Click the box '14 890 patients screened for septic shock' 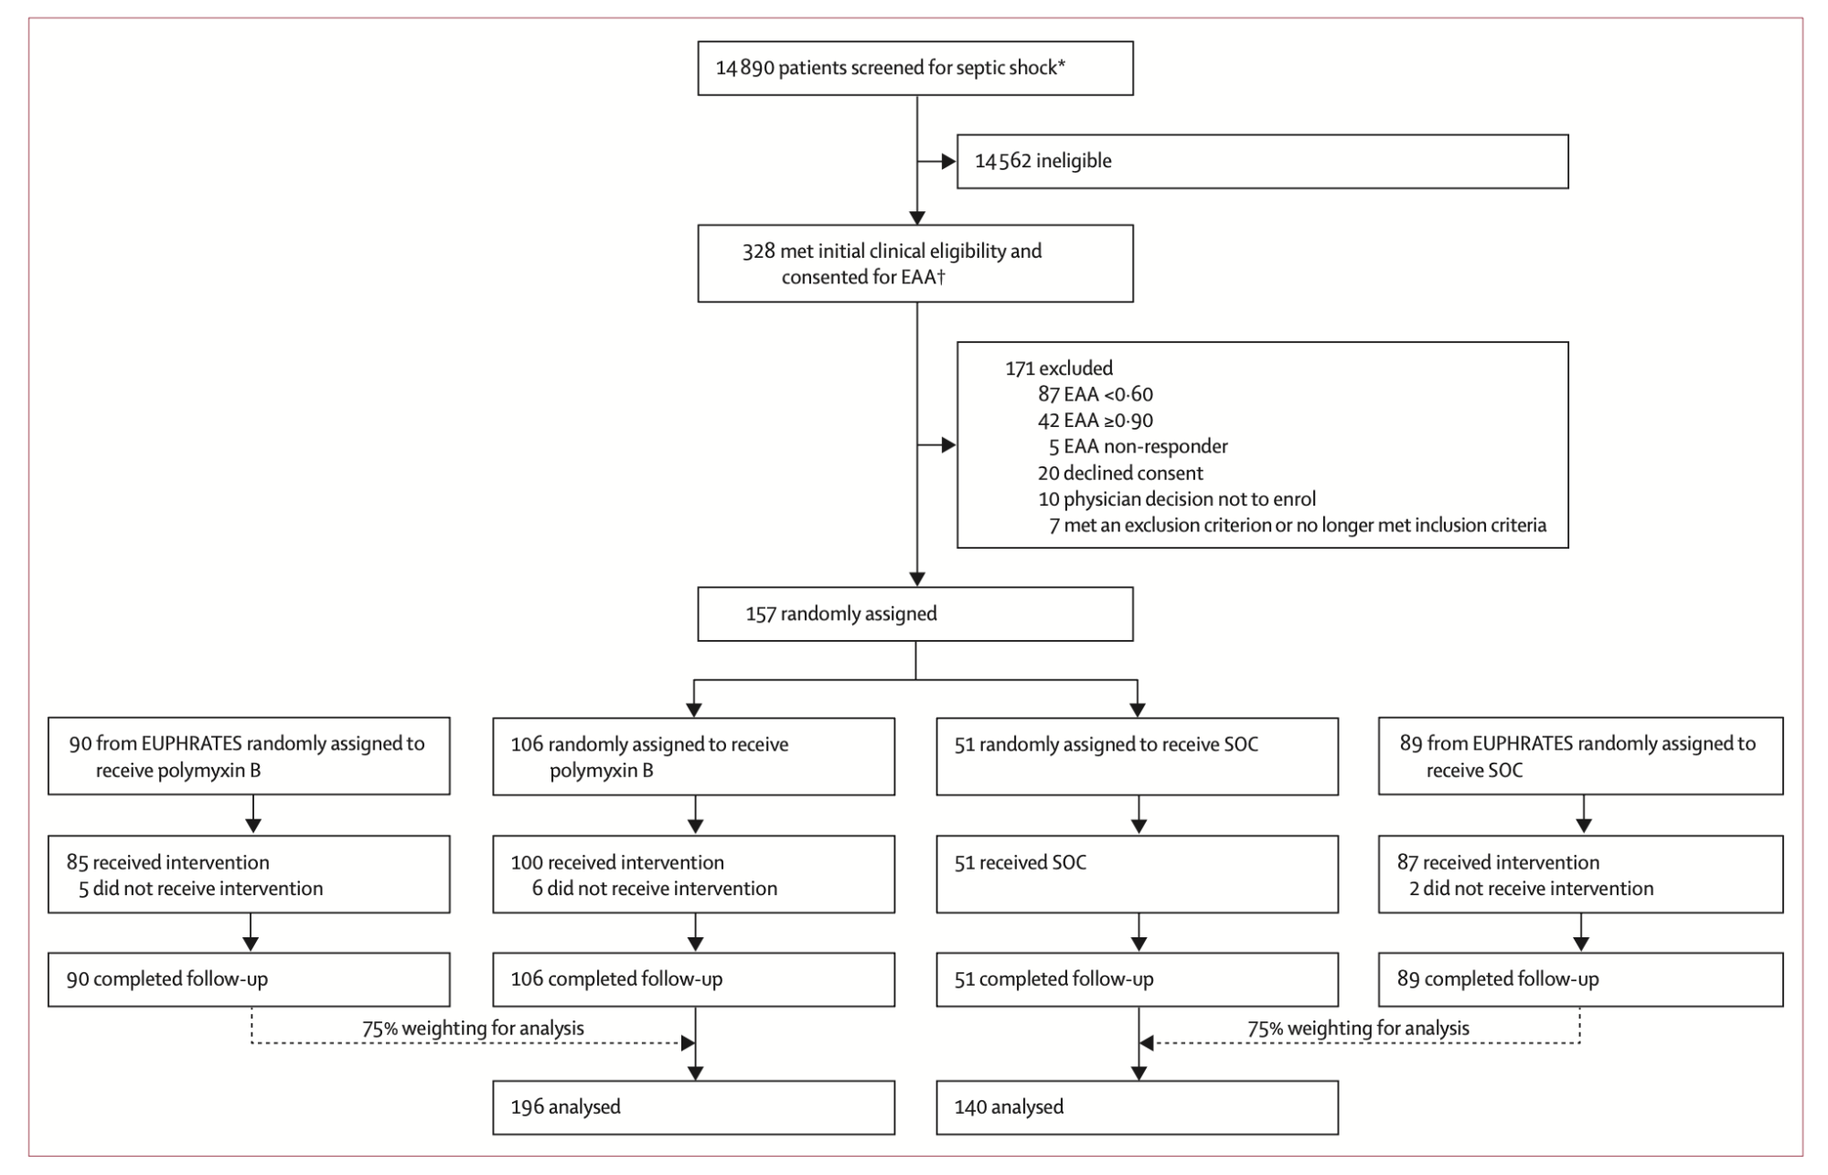pos(915,69)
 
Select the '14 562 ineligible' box pos(1263,162)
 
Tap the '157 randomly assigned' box pos(915,614)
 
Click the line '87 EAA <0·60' pos(1096,395)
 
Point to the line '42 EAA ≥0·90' pos(1096,421)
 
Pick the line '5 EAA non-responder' pos(1138,447)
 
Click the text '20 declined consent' pos(1120,474)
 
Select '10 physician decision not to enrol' pos(1177,499)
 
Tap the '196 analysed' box pos(694,1108)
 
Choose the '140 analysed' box pos(1138,1108)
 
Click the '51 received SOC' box pos(1138,874)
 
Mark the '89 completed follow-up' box pos(1581,980)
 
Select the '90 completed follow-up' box pos(249,980)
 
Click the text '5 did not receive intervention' pos(201,889)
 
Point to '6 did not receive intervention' pos(655,889)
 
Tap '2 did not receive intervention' pos(1532,889)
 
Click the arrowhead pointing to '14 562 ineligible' pos(949,162)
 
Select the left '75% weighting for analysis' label pos(473,1029)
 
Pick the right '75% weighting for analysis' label pos(1359,1029)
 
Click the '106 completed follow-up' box pos(694,980)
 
